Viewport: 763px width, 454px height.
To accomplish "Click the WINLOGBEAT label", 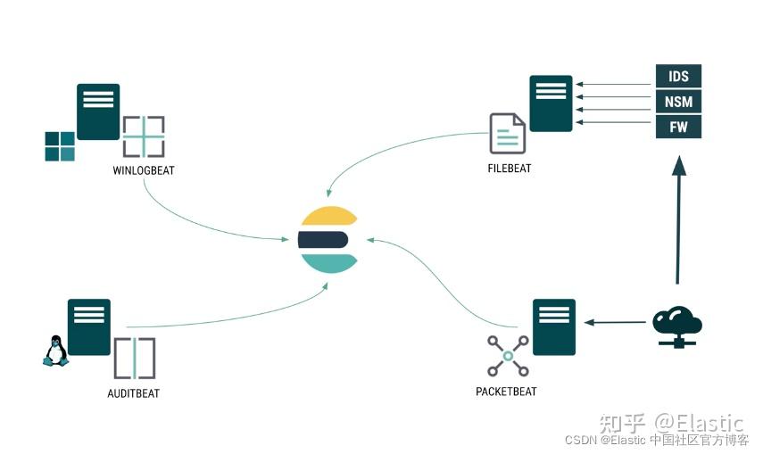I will [x=143, y=170].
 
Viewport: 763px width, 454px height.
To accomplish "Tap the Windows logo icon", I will [x=60, y=146].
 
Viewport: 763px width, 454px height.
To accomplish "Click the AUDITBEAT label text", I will [x=133, y=393].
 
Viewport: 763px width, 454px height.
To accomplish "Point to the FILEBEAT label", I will [x=510, y=168].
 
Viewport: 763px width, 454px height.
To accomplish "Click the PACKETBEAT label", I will [x=506, y=392].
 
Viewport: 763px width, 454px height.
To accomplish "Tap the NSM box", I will [x=678, y=102].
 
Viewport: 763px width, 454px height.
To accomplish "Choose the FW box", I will [x=678, y=127].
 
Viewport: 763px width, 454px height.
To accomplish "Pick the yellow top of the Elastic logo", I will [x=328, y=216].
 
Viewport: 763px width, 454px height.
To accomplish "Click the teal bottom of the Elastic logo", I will [x=328, y=262].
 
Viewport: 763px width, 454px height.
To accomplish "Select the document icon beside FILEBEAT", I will [x=507, y=133].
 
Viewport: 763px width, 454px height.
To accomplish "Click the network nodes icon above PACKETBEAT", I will [x=508, y=356].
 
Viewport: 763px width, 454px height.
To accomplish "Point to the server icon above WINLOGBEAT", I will [x=98, y=111].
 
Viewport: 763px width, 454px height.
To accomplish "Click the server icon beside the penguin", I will [x=89, y=327].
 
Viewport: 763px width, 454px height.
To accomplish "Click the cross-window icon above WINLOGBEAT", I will [x=144, y=137].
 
